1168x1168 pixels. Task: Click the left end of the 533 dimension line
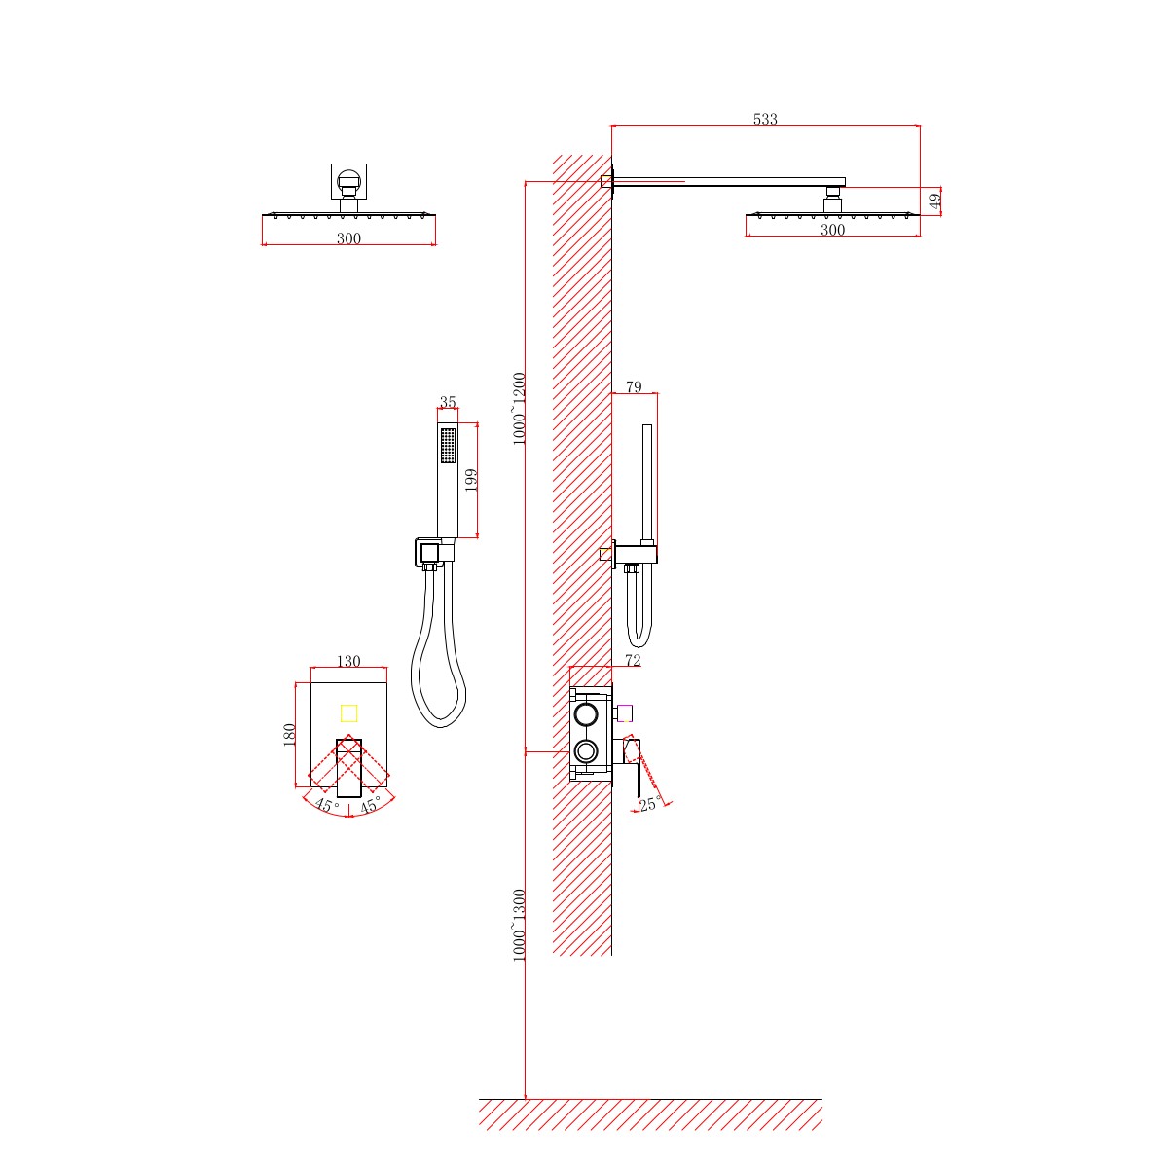[611, 126]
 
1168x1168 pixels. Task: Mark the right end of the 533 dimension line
[920, 126]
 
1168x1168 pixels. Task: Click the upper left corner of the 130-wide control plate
[310, 683]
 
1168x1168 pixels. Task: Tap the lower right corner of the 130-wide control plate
[387, 787]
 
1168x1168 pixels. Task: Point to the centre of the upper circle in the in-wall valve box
[586, 714]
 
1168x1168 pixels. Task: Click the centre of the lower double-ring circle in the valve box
[586, 751]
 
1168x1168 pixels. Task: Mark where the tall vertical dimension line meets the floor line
[525, 1098]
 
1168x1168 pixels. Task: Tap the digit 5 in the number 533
[757, 119]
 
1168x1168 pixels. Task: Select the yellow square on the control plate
[348, 713]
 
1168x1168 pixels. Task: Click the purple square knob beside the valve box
[624, 713]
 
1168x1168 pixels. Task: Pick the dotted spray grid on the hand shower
[448, 446]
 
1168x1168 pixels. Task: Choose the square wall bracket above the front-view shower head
[348, 181]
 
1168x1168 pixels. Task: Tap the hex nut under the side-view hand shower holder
[631, 567]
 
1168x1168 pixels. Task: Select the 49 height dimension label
[935, 201]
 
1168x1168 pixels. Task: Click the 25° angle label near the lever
[650, 804]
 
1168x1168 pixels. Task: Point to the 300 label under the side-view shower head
[832, 230]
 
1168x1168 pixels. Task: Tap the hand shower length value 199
[471, 480]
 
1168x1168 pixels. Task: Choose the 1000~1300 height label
[519, 925]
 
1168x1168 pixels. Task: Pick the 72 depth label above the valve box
[633, 661]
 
